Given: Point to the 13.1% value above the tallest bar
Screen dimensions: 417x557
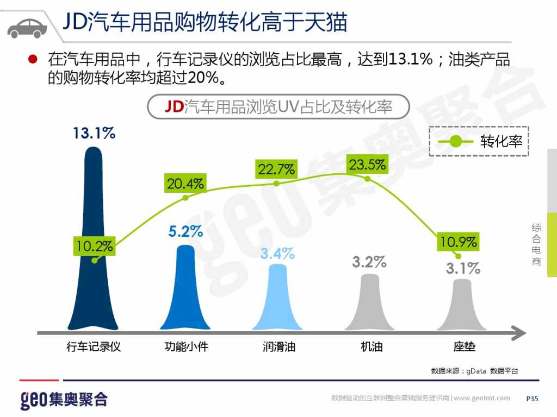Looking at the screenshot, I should coord(94,133).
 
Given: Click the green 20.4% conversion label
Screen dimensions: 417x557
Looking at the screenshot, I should coord(185,184).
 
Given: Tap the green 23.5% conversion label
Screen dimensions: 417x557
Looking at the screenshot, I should coord(368,165).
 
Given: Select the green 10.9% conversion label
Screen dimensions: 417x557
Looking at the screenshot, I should coord(458,242).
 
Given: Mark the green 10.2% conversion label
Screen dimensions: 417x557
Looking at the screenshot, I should coord(95,246).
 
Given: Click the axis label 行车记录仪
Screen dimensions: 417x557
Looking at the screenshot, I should coord(94,346).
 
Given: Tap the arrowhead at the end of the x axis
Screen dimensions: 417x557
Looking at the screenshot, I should coord(519,332).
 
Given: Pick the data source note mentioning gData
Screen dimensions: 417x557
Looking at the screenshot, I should coord(474,371).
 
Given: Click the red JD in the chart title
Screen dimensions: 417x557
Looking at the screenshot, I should coord(174,107).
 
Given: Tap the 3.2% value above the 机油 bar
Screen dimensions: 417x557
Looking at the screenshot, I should coord(369,262).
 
